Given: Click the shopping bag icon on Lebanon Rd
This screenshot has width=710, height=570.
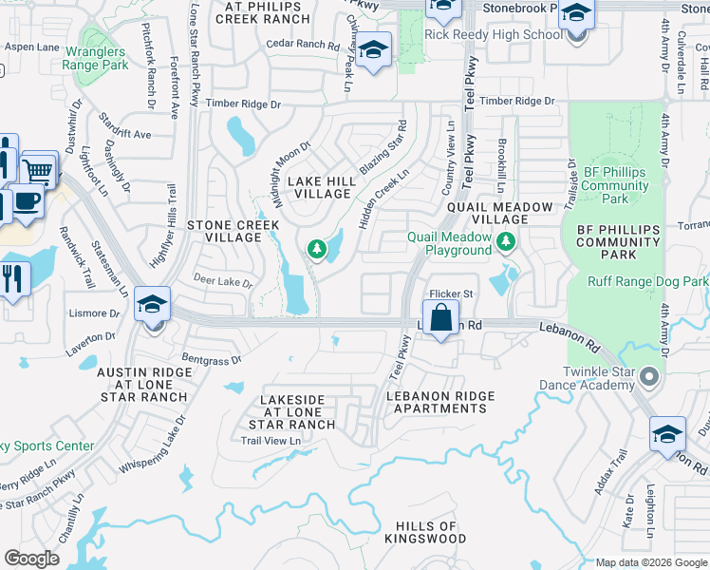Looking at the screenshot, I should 441,317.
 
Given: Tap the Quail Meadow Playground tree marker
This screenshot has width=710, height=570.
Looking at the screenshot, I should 508,243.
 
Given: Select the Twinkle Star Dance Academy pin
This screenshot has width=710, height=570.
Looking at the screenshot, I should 649,377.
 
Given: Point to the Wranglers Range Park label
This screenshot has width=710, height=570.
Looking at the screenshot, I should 95,59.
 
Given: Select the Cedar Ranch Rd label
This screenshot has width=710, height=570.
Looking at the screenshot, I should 302,45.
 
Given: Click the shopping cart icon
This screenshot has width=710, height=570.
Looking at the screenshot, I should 39,170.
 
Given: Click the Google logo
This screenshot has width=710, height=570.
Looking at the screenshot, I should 31,559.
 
